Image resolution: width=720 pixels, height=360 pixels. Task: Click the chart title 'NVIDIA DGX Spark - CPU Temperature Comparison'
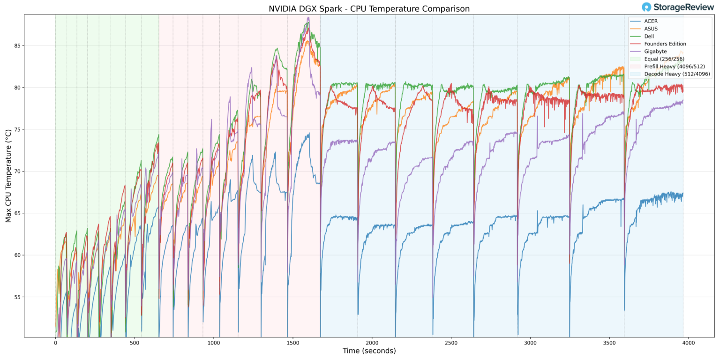point(369,8)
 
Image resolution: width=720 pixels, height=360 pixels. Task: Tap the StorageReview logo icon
point(647,7)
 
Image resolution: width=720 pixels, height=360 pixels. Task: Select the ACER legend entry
point(651,21)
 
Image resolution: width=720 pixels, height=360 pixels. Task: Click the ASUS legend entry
point(651,29)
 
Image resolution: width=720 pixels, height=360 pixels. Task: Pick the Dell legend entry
point(649,36)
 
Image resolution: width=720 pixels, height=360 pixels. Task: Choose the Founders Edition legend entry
point(665,44)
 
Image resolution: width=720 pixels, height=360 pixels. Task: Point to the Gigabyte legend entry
point(655,51)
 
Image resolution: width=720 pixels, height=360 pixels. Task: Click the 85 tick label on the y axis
point(16,46)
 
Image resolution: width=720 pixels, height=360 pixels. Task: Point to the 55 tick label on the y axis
point(16,297)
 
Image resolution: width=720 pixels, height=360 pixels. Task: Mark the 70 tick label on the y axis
point(16,172)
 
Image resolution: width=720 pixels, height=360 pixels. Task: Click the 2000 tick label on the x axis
point(372,343)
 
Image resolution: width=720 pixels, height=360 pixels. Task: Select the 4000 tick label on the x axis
point(688,343)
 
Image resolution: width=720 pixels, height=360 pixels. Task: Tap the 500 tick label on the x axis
point(135,343)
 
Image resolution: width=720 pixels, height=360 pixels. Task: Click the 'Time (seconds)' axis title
point(369,351)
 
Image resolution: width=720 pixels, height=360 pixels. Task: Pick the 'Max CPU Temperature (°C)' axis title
point(8,176)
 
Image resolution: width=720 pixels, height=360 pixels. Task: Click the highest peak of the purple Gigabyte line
point(308,18)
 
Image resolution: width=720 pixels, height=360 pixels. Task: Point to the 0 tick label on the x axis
point(55,343)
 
